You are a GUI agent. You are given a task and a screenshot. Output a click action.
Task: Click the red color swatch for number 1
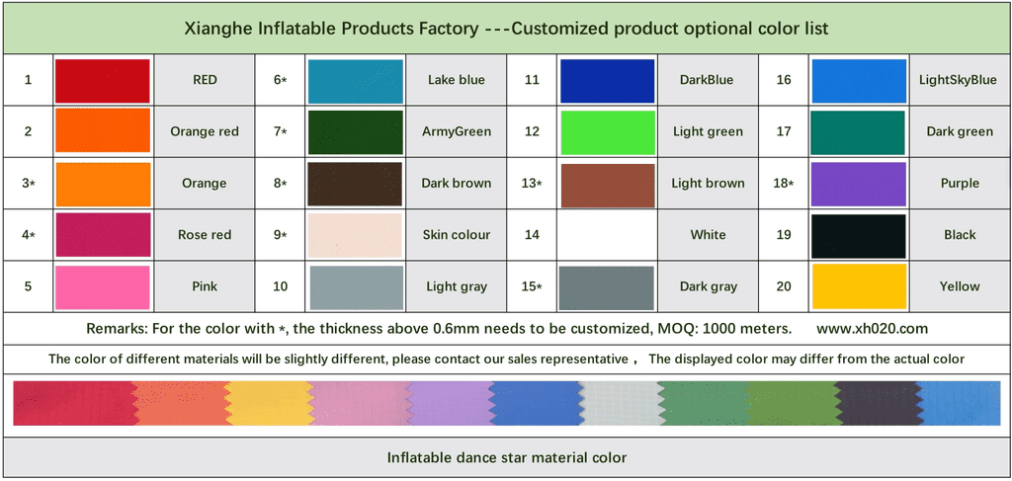103,80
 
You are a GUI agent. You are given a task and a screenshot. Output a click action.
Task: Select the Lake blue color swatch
356,80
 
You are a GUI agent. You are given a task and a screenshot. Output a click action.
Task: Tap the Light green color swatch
608,131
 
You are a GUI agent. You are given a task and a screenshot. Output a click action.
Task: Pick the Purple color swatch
858,184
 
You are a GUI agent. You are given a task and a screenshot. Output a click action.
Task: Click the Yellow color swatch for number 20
858,286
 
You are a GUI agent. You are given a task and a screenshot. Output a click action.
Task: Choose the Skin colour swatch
356,235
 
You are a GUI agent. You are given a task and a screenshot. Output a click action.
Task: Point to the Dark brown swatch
356,184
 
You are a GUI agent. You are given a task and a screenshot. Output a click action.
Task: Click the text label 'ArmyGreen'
457,131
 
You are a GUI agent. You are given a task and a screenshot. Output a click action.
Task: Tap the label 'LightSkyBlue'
958,80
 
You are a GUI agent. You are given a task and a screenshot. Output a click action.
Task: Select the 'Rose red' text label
205,235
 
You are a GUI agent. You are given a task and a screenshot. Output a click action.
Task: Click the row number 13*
532,184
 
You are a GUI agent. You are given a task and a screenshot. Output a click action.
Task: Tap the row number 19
784,235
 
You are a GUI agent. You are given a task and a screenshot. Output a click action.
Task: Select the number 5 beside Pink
28,286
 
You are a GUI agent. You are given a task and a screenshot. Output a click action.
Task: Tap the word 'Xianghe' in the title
218,29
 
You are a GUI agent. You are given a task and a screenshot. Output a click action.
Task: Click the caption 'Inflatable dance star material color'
506,458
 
